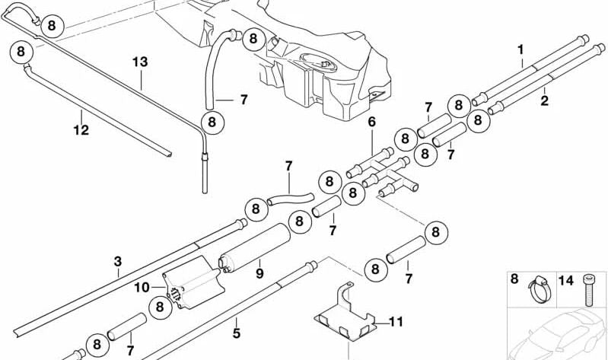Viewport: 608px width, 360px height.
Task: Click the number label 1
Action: [x=521, y=51]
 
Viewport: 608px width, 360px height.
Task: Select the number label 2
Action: [x=544, y=99]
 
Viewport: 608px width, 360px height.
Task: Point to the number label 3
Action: [x=117, y=263]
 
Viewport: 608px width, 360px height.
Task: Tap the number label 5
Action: [x=236, y=333]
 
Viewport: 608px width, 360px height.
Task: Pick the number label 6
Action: [x=372, y=122]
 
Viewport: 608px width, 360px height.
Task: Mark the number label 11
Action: [x=394, y=320]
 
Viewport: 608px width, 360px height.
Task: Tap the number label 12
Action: [x=81, y=130]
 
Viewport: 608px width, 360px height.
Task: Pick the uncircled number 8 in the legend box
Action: [x=514, y=280]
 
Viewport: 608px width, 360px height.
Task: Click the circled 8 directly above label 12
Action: [x=21, y=52]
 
